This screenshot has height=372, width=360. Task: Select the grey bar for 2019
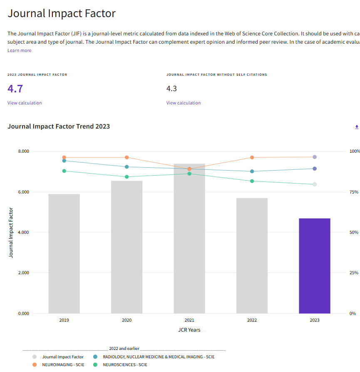pos(64,253)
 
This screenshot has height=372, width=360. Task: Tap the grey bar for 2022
pos(252,255)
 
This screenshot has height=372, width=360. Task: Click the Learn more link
pos(19,50)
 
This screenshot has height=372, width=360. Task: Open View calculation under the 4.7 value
pos(25,103)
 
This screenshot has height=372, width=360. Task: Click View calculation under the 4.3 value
pos(184,103)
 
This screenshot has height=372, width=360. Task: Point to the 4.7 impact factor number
pos(15,89)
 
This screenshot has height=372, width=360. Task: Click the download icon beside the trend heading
pos(357,126)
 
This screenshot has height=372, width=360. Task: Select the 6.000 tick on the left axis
pos(24,192)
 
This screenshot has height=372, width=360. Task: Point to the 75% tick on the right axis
pos(353,192)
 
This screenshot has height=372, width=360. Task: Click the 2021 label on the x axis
pos(189,320)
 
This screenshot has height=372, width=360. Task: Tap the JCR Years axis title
pos(189,330)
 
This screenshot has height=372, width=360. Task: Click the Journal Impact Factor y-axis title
pos(11,233)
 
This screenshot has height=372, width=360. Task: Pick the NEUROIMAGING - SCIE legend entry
pos(63,365)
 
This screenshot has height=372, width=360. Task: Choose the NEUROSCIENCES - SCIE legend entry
pos(125,365)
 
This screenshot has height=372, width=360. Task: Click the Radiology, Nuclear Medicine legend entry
pos(159,357)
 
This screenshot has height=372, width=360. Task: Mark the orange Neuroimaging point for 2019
pos(64,158)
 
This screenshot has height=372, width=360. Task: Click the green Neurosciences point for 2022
pos(252,181)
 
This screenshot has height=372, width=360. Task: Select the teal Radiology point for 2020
pos(127,167)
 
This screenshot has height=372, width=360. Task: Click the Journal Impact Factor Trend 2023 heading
pos(59,126)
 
